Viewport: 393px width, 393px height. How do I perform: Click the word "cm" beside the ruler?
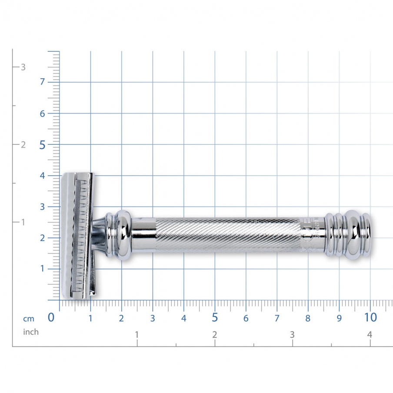(29, 319)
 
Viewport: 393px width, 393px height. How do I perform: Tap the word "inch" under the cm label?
(31, 332)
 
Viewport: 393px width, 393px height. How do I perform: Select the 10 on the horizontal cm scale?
(370, 317)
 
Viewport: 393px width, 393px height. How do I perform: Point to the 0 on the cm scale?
(51, 317)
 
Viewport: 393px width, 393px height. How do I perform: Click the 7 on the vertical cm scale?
(43, 82)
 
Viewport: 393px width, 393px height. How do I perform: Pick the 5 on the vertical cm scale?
(43, 145)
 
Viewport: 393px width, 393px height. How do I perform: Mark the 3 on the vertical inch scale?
(23, 67)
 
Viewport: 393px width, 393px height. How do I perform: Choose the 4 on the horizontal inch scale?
(370, 335)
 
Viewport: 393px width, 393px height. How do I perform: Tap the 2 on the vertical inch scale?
(23, 145)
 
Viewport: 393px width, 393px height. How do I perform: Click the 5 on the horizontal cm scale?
(215, 317)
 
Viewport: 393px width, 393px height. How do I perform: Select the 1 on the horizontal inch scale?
(137, 335)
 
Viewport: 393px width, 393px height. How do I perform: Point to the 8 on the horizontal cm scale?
(308, 318)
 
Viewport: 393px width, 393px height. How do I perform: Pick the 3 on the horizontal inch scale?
(292, 335)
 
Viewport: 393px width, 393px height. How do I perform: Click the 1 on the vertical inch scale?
(23, 222)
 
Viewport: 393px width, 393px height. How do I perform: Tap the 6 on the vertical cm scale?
(43, 113)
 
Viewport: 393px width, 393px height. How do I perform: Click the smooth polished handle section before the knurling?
(143, 235)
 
